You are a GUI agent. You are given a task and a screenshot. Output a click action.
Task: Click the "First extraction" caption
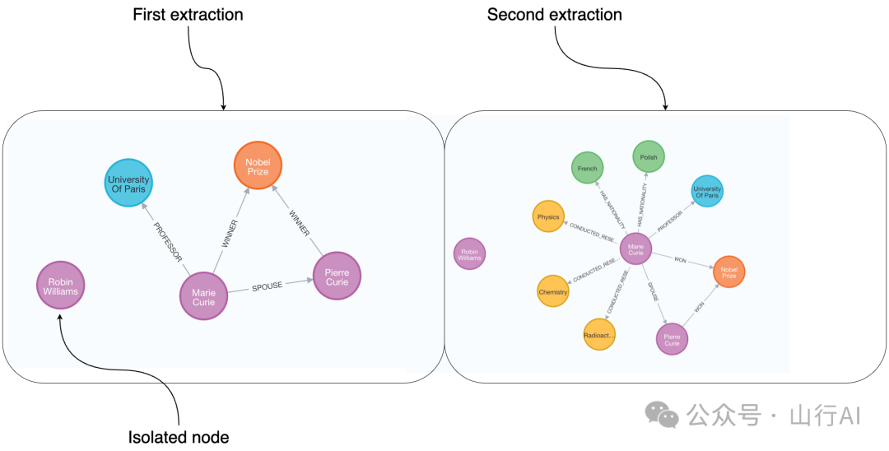[x=188, y=15]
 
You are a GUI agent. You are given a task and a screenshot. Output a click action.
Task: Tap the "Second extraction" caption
[x=555, y=15]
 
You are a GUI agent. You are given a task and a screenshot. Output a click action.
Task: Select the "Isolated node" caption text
[x=179, y=436]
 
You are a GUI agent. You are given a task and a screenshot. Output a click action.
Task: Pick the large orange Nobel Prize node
[x=258, y=166]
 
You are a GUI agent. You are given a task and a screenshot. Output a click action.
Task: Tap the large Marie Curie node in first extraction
[x=203, y=296]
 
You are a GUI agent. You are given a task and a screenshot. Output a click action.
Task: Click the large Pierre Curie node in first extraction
[x=337, y=276]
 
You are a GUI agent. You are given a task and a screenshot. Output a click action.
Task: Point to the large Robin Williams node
[x=60, y=285]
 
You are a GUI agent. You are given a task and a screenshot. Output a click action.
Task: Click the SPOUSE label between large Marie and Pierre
[x=267, y=286]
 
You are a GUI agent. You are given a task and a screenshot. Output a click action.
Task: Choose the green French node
[x=588, y=168]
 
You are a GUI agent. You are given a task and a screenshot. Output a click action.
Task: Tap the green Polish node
[x=649, y=156]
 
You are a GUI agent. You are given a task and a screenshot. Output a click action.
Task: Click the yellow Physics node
[x=548, y=217]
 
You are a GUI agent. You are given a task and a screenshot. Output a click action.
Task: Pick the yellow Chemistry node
[x=553, y=291]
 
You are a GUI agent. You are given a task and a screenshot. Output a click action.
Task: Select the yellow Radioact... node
[x=599, y=335]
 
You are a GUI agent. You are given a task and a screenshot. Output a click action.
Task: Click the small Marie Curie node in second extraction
[x=635, y=249]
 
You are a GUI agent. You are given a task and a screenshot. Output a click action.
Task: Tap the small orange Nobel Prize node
[x=728, y=272]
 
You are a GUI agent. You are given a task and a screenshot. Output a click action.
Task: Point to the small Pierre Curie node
[x=672, y=338]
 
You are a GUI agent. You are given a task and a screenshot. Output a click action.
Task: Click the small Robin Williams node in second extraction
[x=469, y=253]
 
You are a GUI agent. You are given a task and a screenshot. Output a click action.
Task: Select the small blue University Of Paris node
[x=707, y=192]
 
